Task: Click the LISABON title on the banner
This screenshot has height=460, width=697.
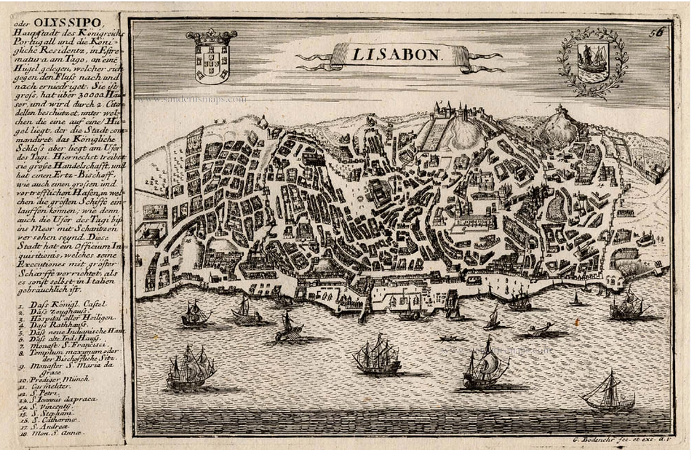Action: [x=398, y=54]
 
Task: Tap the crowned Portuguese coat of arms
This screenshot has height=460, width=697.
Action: [x=212, y=57]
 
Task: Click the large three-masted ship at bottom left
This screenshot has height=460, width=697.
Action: [x=190, y=368]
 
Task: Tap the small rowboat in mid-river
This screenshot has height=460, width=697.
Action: [x=452, y=338]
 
